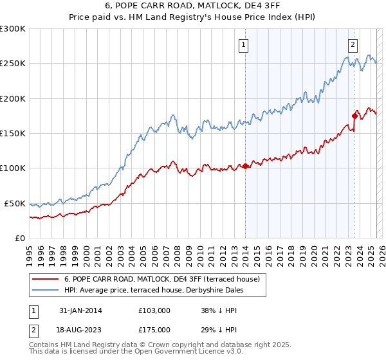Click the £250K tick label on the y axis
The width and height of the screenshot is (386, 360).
(x=13, y=64)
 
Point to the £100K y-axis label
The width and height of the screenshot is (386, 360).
(x=13, y=168)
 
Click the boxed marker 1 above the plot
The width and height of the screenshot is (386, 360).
(x=245, y=45)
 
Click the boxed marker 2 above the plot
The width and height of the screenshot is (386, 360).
(x=353, y=45)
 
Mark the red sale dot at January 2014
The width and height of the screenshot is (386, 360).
(x=245, y=166)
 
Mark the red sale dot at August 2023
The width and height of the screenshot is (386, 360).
(x=354, y=116)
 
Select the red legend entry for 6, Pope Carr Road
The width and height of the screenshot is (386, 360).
(x=161, y=279)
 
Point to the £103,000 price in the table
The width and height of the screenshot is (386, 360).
(x=154, y=310)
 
